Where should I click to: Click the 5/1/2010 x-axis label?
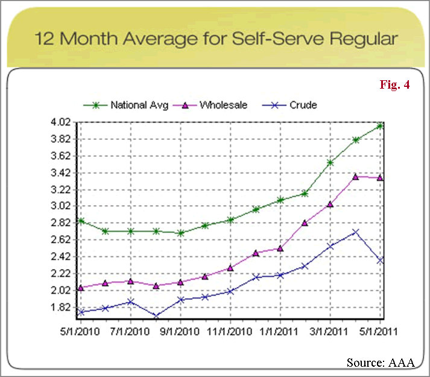click(81, 332)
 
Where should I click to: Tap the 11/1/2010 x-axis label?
click(231, 332)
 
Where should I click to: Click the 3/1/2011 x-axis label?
click(330, 332)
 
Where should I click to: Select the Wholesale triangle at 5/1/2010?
click(81, 288)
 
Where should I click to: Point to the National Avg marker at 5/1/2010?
click(81, 221)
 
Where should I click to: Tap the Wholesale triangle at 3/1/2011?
click(330, 204)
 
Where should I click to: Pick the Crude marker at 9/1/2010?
click(181, 299)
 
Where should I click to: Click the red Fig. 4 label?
click(395, 85)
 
